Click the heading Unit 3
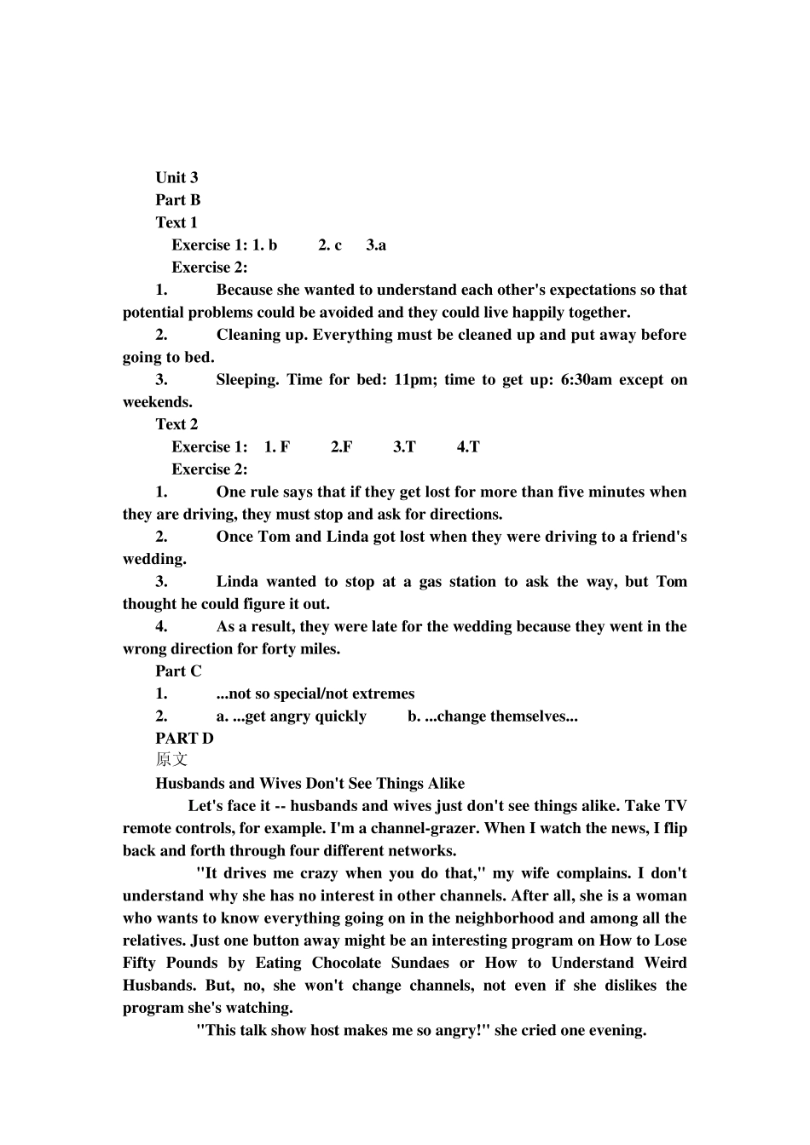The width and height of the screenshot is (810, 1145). (x=176, y=177)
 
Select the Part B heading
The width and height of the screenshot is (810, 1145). (x=177, y=200)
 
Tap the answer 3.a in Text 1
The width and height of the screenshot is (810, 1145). (x=376, y=245)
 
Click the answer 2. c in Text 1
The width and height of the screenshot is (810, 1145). (x=330, y=245)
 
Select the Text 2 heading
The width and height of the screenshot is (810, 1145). (x=176, y=424)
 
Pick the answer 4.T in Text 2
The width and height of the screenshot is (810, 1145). (x=468, y=447)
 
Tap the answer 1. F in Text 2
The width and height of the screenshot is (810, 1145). (x=277, y=447)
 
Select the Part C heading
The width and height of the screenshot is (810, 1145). (x=178, y=671)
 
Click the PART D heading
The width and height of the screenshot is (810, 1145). (x=184, y=739)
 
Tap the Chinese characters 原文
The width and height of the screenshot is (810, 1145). (x=171, y=760)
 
